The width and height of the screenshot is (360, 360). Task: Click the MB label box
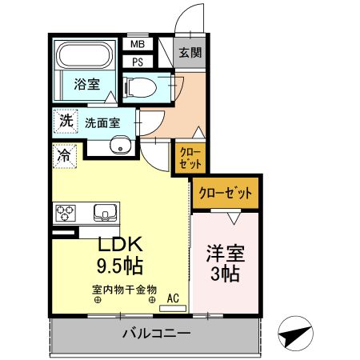pos(137,46)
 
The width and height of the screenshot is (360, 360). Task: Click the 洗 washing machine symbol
pos(64,122)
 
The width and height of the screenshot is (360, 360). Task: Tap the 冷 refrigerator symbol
pos(62,155)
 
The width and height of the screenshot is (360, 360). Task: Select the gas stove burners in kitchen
pos(65,213)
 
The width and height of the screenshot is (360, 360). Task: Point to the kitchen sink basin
pos(105,213)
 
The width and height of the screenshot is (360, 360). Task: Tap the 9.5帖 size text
pos(122,264)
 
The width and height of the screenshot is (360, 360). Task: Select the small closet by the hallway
pos(189,156)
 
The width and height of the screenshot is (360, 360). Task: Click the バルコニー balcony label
pos(156,333)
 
